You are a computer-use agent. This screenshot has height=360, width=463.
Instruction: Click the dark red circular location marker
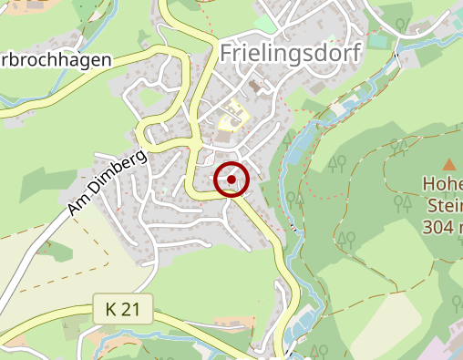[x=231, y=179]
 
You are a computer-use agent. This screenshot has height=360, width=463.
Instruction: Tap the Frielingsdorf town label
[x=291, y=53]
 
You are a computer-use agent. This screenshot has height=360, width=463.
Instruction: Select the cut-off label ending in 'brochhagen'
[x=57, y=59]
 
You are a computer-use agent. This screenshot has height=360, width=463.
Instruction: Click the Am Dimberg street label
[x=107, y=183]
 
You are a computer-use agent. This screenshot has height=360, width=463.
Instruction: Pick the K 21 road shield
[x=121, y=311]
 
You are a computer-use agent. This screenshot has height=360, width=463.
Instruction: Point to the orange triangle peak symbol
[x=448, y=165]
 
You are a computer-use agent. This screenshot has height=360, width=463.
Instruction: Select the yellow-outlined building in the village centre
[x=234, y=119]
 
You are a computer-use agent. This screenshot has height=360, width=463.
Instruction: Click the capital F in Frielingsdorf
[x=227, y=53]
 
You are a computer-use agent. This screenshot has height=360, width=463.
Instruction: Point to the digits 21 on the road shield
[x=131, y=311]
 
